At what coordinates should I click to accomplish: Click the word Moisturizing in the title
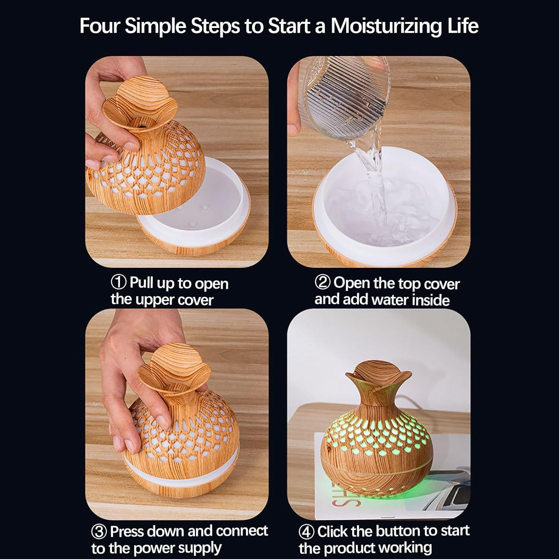coord(386,26)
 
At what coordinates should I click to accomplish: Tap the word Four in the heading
coord(100,26)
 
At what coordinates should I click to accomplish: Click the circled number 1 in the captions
coord(119,283)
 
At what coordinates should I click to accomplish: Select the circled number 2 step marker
coord(323,283)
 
